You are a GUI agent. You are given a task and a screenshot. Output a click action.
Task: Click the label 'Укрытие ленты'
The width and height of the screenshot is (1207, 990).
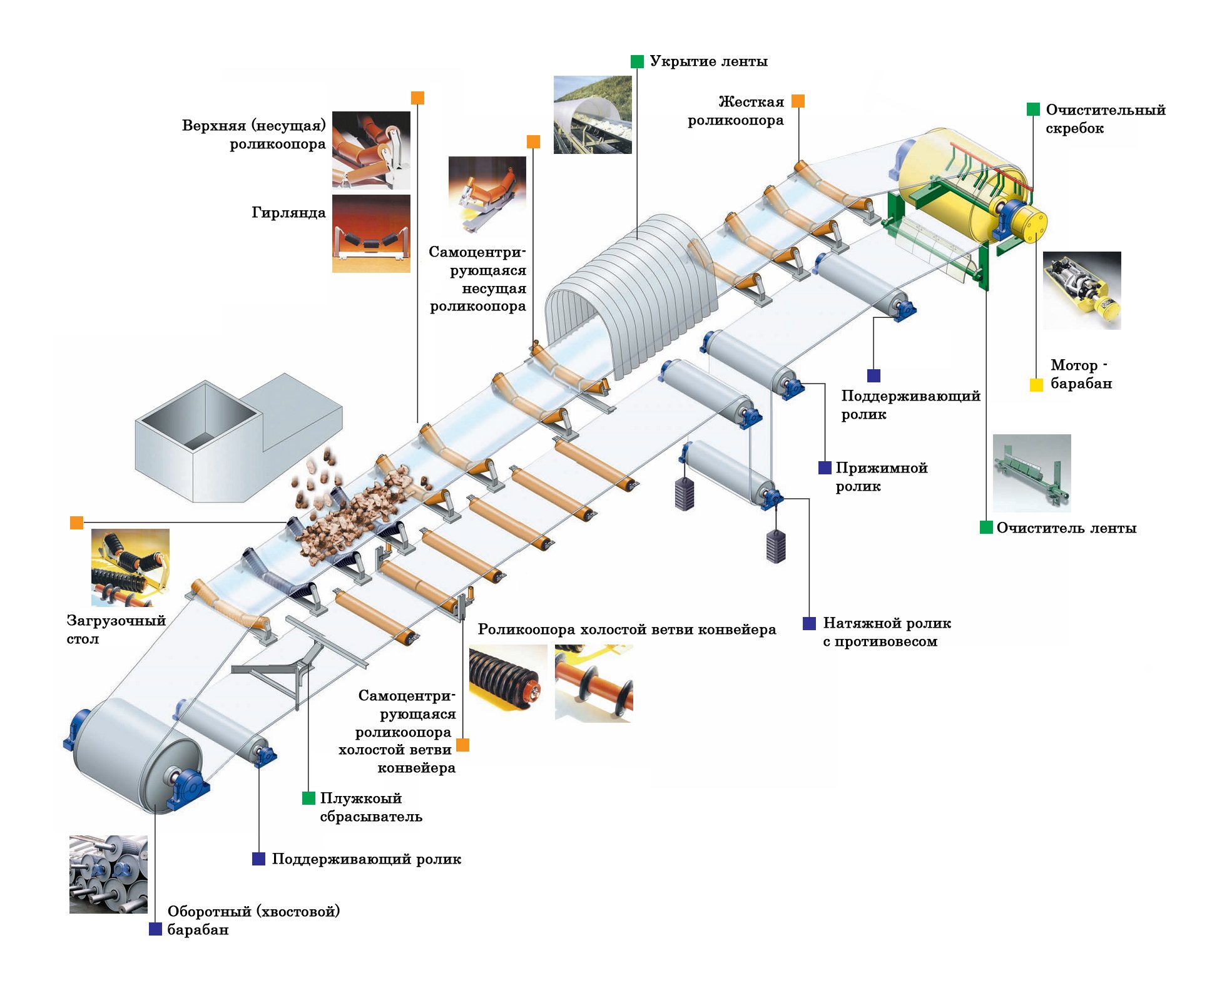click(708, 61)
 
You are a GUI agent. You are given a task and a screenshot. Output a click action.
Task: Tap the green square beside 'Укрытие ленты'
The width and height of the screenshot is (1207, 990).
click(637, 61)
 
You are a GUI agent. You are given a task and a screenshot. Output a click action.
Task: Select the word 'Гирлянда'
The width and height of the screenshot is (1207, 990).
click(288, 213)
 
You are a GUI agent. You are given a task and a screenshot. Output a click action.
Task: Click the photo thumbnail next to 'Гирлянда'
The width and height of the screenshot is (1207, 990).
click(371, 233)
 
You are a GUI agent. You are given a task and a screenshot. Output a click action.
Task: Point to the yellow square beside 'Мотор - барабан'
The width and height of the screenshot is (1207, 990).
click(1036, 385)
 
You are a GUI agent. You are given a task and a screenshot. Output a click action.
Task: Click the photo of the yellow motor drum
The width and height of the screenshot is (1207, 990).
click(1081, 290)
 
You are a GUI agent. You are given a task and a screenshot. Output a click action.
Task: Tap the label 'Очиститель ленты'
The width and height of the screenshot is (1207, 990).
click(1066, 528)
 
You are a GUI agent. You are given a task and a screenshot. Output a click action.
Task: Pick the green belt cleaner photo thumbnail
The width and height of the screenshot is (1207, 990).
click(1032, 473)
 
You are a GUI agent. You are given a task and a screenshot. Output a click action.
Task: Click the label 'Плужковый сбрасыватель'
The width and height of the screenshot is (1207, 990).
click(370, 807)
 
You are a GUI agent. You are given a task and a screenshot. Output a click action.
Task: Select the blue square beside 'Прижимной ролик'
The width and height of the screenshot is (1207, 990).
click(825, 467)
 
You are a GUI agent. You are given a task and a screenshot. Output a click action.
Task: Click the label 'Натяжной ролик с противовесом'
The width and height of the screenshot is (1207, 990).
click(886, 632)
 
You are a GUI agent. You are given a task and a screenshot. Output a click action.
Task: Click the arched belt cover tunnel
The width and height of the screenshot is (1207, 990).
click(632, 294)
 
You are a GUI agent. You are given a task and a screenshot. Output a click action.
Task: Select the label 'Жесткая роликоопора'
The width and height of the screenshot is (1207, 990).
click(736, 111)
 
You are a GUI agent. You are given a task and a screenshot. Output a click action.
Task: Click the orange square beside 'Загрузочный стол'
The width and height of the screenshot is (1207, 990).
click(76, 523)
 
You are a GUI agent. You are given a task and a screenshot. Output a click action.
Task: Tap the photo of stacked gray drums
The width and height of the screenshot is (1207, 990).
click(108, 874)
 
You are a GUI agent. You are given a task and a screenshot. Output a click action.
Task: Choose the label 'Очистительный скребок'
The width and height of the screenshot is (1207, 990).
click(1105, 119)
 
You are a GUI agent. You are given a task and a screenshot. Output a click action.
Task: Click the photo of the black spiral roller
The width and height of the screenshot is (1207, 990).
click(507, 683)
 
